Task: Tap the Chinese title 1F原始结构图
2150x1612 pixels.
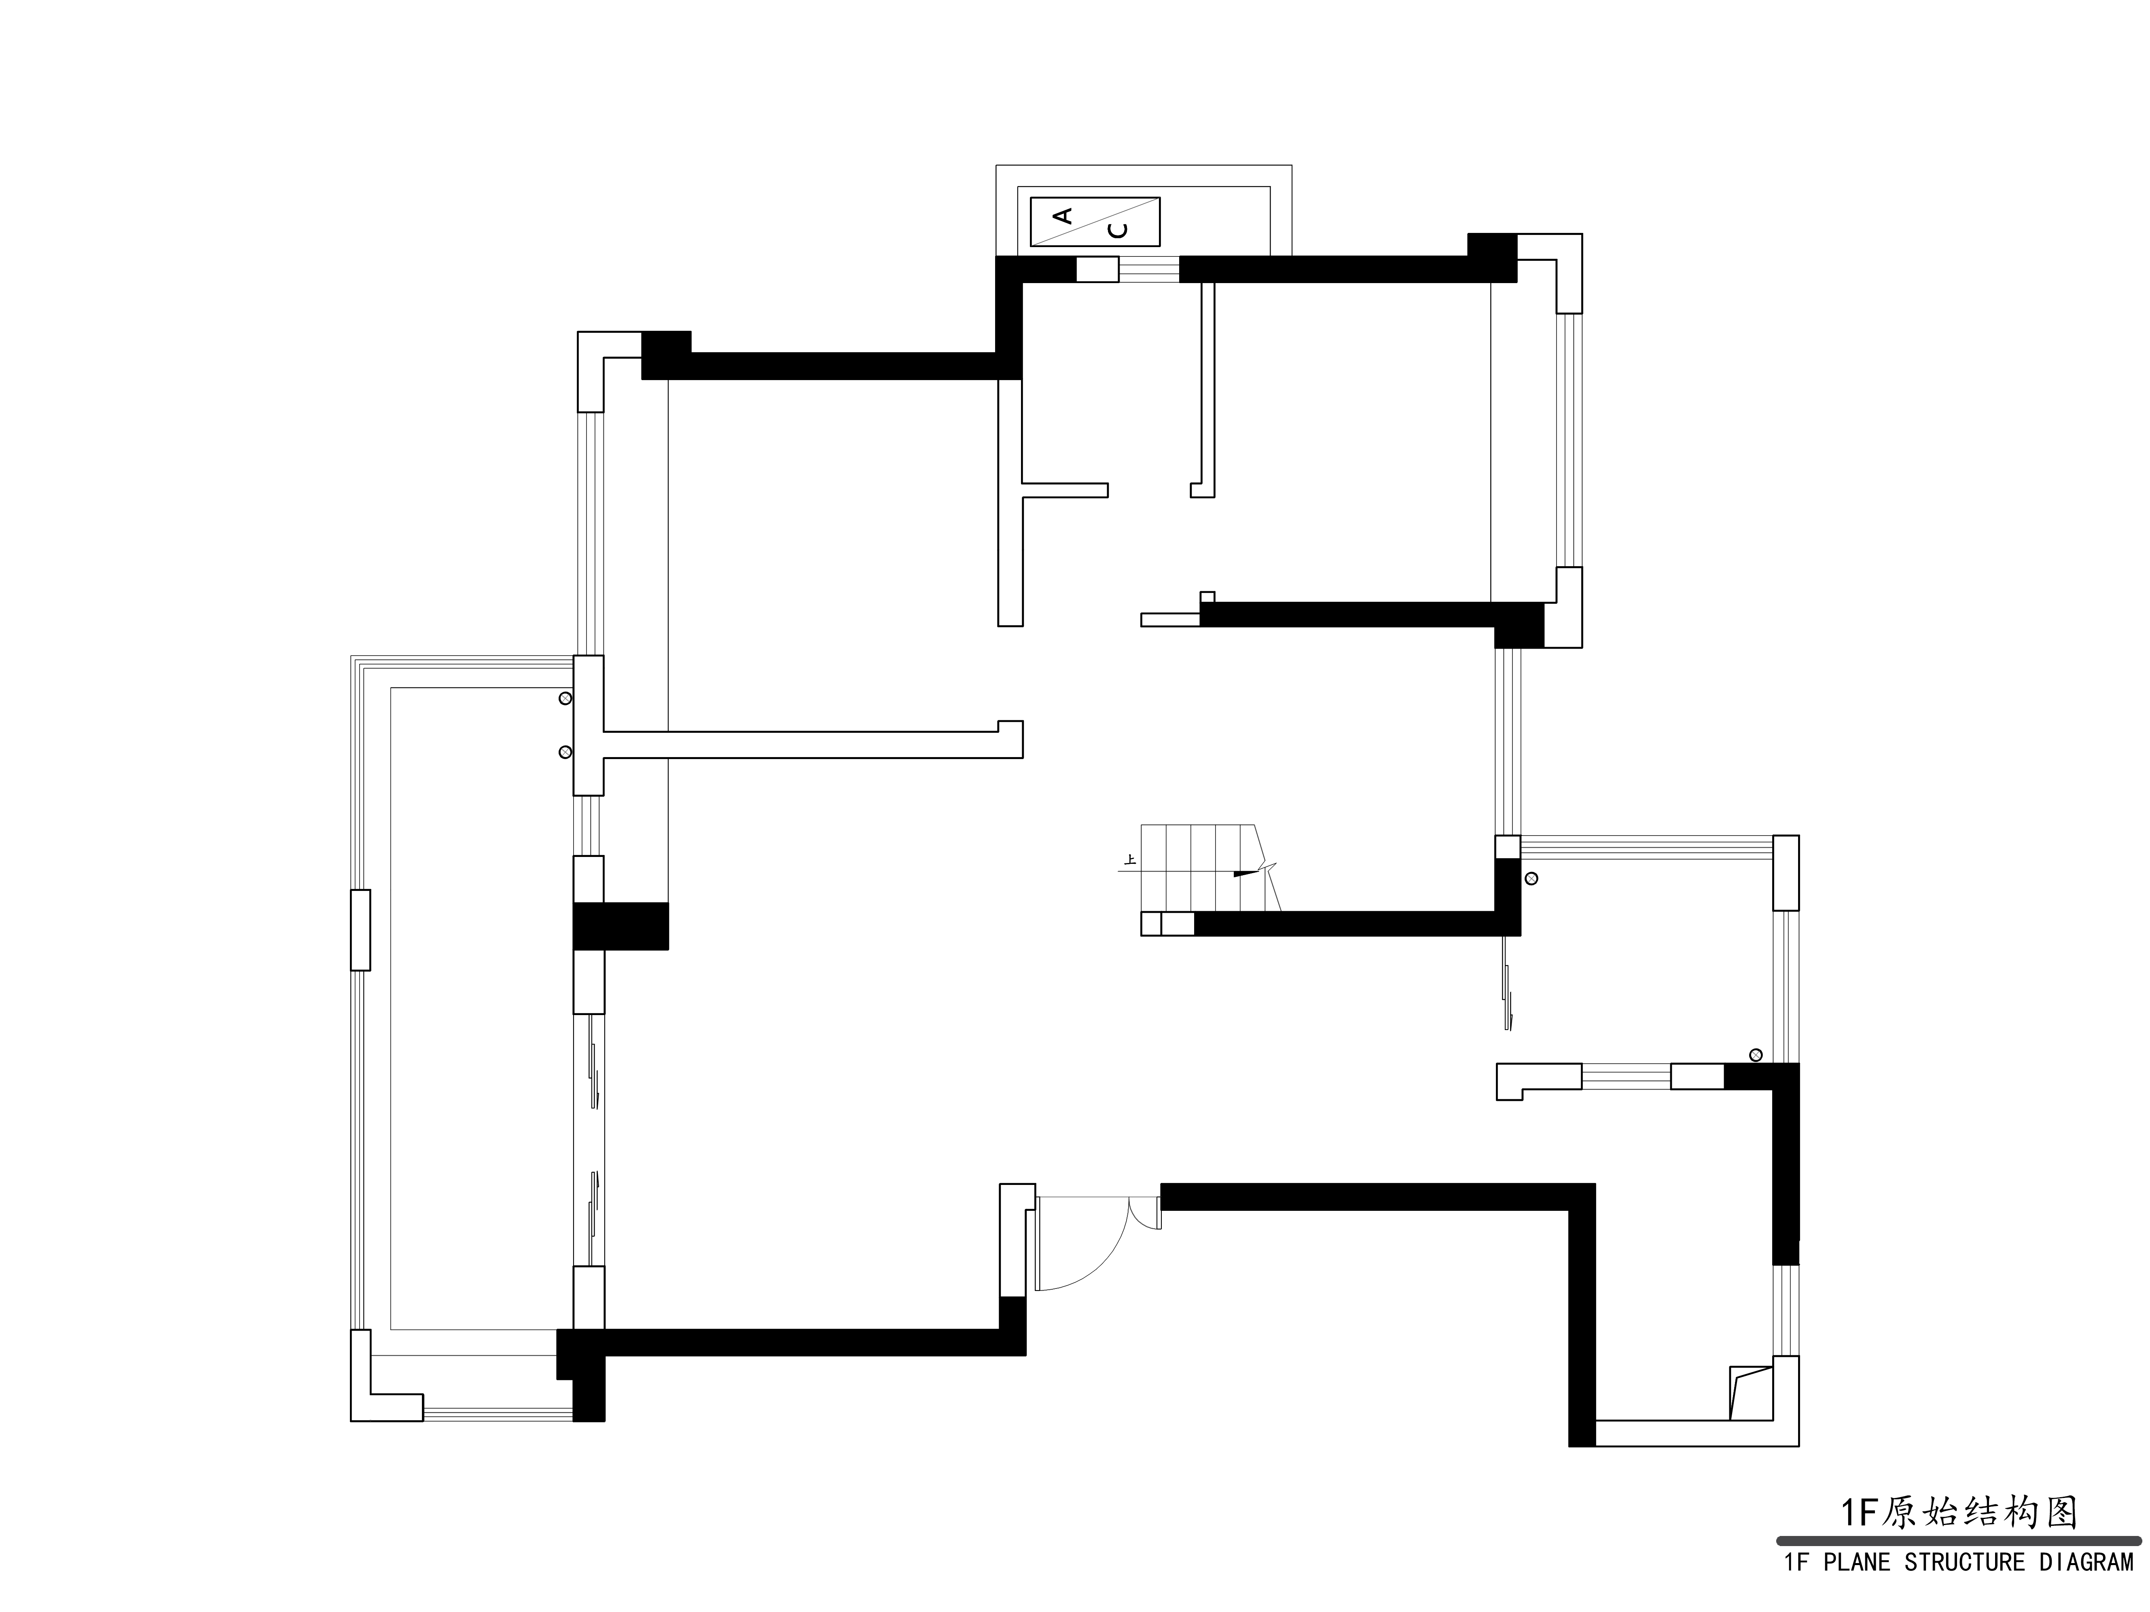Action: [x=1959, y=1513]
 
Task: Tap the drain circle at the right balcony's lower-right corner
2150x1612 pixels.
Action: [x=1755, y=1055]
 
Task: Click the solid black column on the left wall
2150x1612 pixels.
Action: [x=620, y=926]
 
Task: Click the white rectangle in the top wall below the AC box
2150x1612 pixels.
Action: [x=1097, y=269]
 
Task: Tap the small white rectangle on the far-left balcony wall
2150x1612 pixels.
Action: [x=360, y=930]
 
